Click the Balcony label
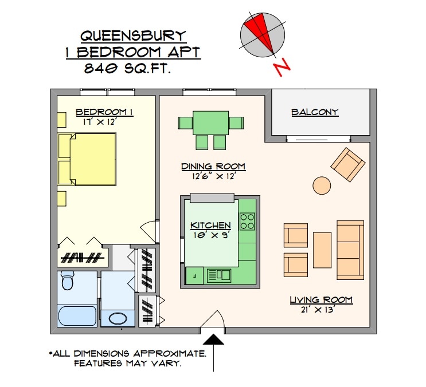click(315, 112)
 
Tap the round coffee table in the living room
click(322, 185)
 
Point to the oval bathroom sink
click(118, 319)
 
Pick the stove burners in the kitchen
click(247, 221)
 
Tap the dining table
click(210, 123)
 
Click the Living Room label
click(321, 300)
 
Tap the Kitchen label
click(210, 226)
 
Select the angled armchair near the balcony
click(347, 164)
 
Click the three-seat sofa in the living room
click(350, 250)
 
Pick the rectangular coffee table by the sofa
click(322, 250)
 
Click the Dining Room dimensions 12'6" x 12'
click(213, 176)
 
